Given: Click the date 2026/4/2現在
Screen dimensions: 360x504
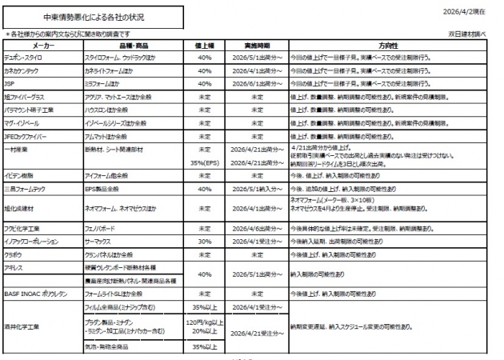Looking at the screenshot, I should click(x=472, y=11).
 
